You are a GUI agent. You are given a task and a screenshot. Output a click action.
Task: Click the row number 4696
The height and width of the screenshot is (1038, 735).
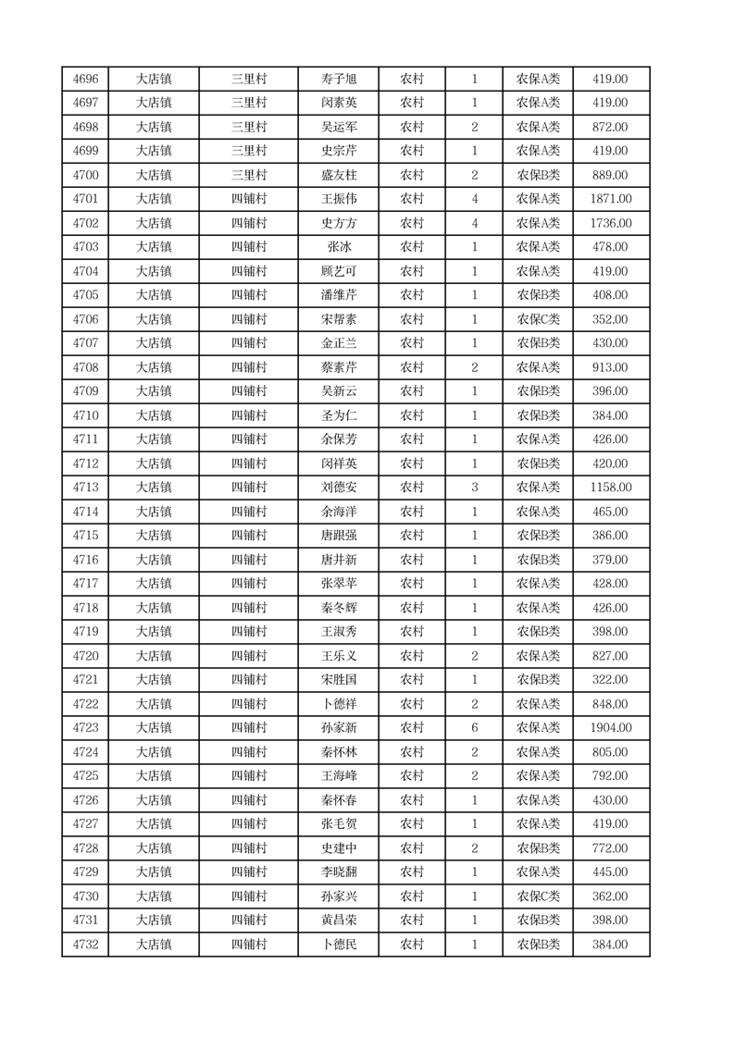[x=85, y=79]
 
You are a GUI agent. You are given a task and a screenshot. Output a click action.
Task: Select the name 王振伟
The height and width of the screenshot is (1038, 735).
[x=338, y=199]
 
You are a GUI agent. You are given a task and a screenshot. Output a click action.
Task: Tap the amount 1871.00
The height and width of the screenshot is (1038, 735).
[x=610, y=199]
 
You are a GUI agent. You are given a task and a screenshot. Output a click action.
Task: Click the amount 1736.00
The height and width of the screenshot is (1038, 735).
[x=610, y=223]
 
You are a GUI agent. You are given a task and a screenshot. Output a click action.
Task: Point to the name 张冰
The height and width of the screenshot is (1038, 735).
[x=338, y=247]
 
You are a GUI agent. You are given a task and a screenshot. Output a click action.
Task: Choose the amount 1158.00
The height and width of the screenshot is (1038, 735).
[x=610, y=488]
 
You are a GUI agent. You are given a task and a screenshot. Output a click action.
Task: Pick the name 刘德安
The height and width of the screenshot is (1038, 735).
[x=338, y=488]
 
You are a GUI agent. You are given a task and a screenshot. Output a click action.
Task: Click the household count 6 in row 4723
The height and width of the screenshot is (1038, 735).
[x=474, y=728]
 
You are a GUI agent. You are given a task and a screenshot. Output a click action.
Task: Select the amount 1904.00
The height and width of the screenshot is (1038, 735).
[x=610, y=728]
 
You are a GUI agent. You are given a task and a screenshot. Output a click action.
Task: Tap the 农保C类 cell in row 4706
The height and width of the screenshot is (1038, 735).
[x=538, y=319]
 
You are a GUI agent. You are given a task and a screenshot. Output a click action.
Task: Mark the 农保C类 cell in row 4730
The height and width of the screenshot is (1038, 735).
[x=538, y=896]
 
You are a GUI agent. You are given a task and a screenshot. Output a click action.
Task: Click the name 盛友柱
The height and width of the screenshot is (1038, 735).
[x=338, y=175]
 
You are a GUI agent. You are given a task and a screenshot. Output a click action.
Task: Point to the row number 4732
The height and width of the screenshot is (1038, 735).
[x=85, y=945]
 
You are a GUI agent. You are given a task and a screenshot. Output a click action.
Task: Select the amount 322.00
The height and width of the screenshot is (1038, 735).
[x=610, y=680]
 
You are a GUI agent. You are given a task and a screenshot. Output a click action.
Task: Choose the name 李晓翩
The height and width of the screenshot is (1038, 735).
[x=338, y=872]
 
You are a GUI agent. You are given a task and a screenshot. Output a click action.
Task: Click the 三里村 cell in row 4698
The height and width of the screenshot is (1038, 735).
[x=248, y=127]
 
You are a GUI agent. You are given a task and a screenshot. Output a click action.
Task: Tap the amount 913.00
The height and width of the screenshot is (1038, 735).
[x=610, y=367]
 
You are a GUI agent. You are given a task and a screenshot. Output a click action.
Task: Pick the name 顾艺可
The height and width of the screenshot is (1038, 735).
[x=338, y=271]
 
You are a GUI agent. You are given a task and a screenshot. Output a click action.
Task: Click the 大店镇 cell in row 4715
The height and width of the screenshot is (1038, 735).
[x=154, y=536]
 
